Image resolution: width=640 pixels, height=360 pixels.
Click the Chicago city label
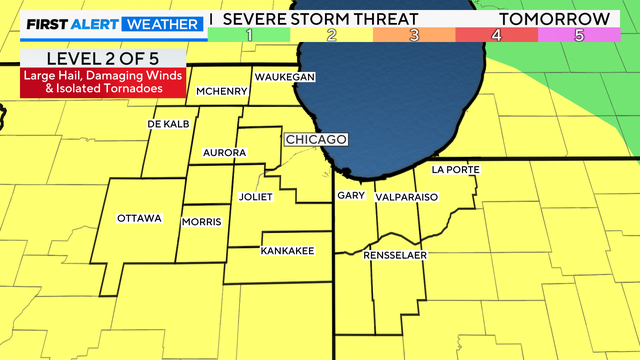pyautogui.click(x=316, y=139)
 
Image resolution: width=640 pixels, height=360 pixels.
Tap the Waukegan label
pyautogui.click(x=285, y=77)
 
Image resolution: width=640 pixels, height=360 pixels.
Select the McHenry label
pyautogui.click(x=222, y=91)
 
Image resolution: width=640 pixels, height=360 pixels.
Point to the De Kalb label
pyautogui.click(x=168, y=124)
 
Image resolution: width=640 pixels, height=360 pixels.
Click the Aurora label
pyautogui.click(x=224, y=152)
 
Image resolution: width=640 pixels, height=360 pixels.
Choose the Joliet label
pyautogui.click(x=256, y=197)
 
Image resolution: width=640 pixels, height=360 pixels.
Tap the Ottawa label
pyautogui.click(x=139, y=218)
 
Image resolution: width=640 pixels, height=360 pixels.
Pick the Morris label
pyautogui.click(x=202, y=221)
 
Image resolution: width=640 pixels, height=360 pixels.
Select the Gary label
pyautogui.click(x=351, y=196)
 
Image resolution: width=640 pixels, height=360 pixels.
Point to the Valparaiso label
pyautogui.click(x=407, y=198)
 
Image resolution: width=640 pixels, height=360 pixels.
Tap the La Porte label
pyautogui.click(x=455, y=170)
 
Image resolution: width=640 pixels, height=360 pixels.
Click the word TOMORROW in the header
pyautogui.click(x=568, y=18)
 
